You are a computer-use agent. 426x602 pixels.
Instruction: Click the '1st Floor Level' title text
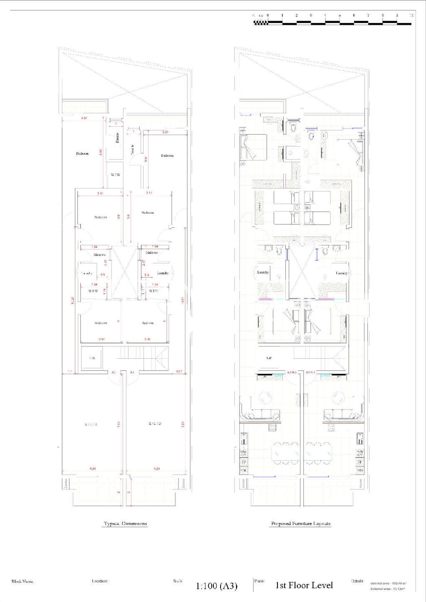tap(304, 585)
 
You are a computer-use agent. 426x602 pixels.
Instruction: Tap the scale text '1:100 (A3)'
tap(216, 586)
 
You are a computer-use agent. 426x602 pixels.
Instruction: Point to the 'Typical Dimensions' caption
tap(125, 523)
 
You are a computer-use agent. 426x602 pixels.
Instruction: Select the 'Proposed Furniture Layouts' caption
tap(300, 523)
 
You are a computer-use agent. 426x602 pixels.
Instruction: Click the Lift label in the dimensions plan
tap(92, 358)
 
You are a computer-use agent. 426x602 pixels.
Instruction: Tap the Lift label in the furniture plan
tap(269, 358)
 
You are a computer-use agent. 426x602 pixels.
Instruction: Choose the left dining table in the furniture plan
tap(285, 453)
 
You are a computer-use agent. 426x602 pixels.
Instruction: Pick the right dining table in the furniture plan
tap(319, 453)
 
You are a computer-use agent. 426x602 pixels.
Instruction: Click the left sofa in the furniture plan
tap(262, 414)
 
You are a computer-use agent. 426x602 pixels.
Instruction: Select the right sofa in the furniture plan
tap(341, 414)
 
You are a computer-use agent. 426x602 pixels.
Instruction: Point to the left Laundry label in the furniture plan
tap(263, 272)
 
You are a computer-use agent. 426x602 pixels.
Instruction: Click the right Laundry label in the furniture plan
tap(342, 273)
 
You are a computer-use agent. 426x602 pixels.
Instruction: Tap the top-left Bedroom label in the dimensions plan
tap(82, 153)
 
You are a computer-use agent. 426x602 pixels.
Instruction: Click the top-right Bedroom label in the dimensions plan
tap(167, 155)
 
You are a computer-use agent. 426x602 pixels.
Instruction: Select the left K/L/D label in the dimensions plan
tap(91, 424)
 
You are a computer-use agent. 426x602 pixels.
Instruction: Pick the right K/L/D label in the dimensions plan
tap(155, 424)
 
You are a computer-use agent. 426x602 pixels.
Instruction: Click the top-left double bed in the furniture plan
tap(253, 147)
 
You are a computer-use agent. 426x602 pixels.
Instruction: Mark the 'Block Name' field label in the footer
tap(22, 581)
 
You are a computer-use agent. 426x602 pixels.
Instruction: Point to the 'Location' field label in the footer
tap(100, 581)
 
